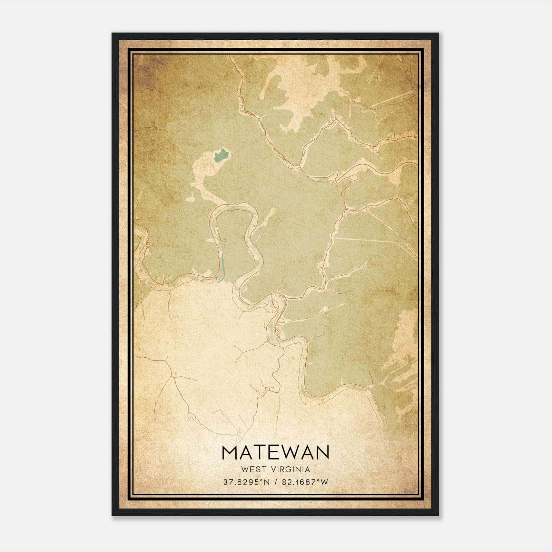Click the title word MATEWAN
click(276, 453)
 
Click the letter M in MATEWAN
click(230, 453)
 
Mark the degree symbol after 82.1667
click(318, 481)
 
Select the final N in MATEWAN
click(322, 453)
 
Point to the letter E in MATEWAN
click(273, 453)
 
